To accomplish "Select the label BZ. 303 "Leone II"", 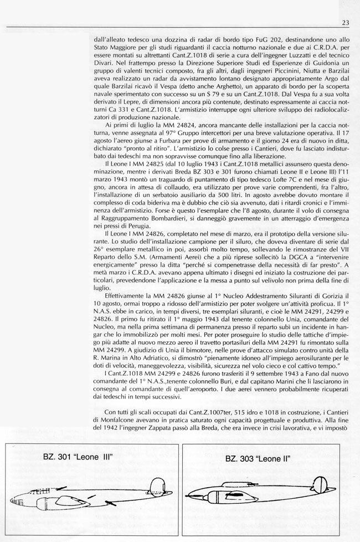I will pyautogui.click(x=258, y=459).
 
